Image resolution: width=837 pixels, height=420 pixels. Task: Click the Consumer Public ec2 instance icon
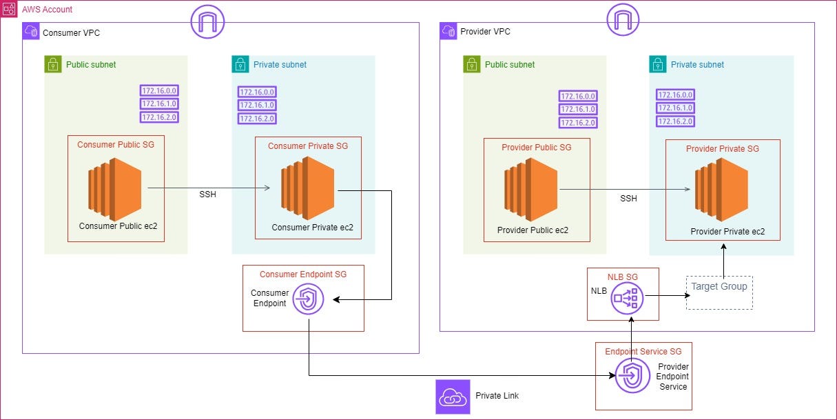coord(114,185)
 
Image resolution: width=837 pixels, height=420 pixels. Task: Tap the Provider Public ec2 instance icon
coord(531,188)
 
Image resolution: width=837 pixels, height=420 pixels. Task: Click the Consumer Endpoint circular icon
coord(307,299)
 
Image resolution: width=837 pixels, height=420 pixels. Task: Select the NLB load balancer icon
coord(628,298)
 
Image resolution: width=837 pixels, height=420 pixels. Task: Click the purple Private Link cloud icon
coord(453,397)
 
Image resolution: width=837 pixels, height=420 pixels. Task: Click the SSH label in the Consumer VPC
coord(207,194)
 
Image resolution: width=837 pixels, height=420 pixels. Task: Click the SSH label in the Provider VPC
coord(628,199)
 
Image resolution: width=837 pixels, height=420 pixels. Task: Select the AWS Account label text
coord(47,10)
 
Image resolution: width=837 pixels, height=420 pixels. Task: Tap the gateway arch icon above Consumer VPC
coord(207,23)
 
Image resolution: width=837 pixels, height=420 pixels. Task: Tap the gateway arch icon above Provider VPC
coord(623,21)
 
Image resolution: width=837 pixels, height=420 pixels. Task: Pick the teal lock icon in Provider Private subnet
coord(658,65)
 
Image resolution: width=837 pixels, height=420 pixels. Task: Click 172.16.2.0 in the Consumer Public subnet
coord(159,117)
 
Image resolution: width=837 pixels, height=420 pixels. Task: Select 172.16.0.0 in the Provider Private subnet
coord(675,95)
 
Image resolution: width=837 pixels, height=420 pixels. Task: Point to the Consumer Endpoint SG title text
coord(303,274)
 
